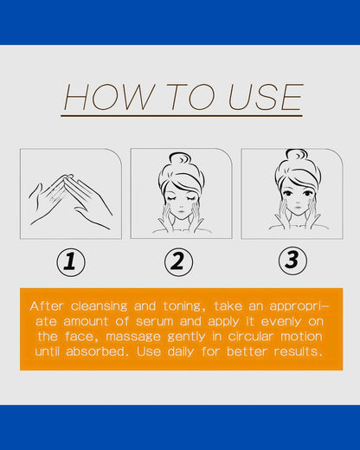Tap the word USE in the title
click(x=266, y=97)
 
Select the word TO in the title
click(x=190, y=97)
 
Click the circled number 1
click(x=71, y=262)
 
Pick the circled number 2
click(x=179, y=261)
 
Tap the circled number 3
click(x=292, y=260)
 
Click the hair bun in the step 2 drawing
click(x=180, y=160)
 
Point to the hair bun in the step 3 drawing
click(x=297, y=157)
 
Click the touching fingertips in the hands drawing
click(x=67, y=177)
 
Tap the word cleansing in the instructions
click(x=99, y=306)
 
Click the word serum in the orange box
click(x=154, y=322)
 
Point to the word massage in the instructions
click(x=133, y=337)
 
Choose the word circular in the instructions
click(x=250, y=337)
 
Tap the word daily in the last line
click(x=181, y=352)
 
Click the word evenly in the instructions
click(x=281, y=322)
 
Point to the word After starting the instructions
click(x=47, y=306)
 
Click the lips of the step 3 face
click(x=297, y=207)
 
